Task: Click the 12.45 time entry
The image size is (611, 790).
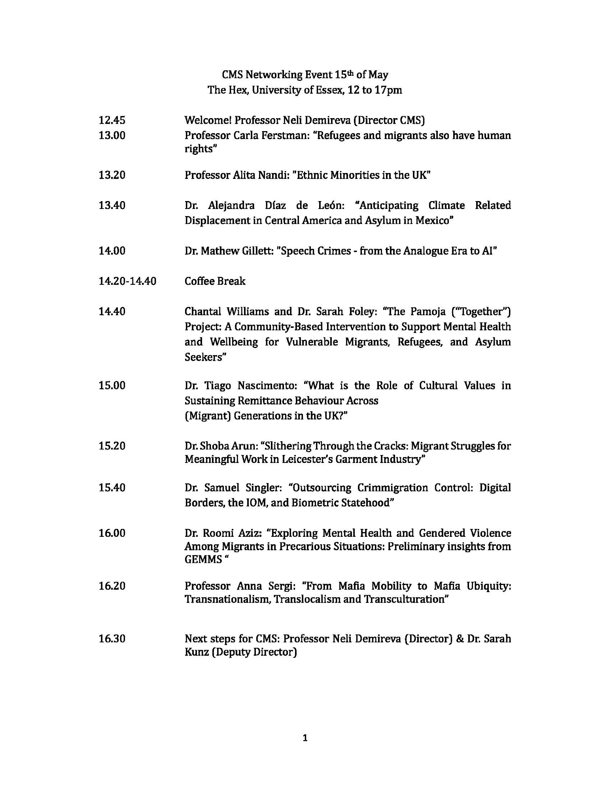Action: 112,120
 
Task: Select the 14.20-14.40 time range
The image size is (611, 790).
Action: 127,281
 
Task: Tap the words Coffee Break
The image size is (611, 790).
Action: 215,281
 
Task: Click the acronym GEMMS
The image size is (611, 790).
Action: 203,560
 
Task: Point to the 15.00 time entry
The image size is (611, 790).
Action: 112,386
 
